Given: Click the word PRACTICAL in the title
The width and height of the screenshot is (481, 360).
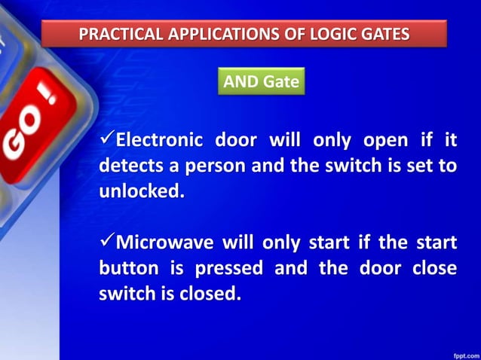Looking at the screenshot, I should [x=121, y=34].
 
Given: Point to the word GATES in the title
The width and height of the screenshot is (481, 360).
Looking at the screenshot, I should [x=383, y=34].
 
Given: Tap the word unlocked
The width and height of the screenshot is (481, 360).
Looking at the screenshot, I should [x=140, y=191].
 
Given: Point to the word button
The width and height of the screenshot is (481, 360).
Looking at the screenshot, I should [x=128, y=268].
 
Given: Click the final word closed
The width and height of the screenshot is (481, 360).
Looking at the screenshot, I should [x=211, y=294].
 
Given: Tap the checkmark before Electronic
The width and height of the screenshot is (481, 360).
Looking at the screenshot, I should [x=106, y=140].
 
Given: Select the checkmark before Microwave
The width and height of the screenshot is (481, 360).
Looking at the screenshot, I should [x=106, y=242].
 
